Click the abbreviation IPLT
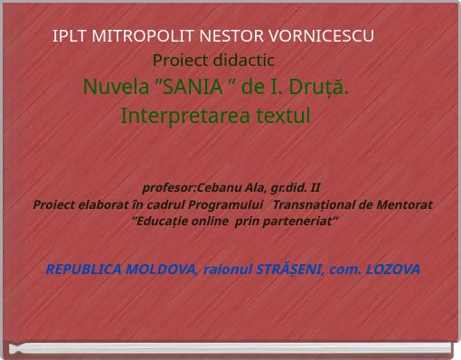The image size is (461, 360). [x=70, y=36]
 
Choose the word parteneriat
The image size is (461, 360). [x=296, y=220]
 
